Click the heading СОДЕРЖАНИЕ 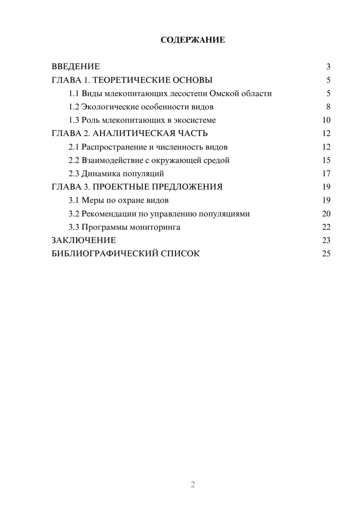pos(193,40)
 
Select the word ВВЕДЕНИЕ pos(76,67)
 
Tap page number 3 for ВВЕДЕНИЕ pos(328,67)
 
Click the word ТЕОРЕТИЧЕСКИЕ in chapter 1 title pos(129,80)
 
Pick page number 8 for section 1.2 pos(328,107)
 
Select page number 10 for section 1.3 pos(326,120)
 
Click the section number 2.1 pos(74,147)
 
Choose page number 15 pos(326,160)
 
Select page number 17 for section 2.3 pos(326,174)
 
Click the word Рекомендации pos(109,214)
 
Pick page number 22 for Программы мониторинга pos(326,227)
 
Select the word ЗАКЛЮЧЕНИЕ pos(84,240)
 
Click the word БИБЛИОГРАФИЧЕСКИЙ pos(105,253)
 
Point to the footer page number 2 pos(193,485)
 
